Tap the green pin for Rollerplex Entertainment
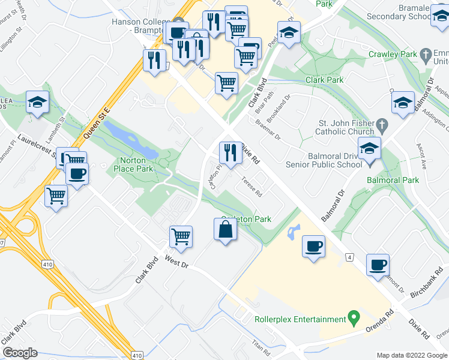coord(354,316)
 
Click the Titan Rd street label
coord(260,347)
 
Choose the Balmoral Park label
coord(393,180)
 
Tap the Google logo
coord(20,353)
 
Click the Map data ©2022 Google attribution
coord(412,355)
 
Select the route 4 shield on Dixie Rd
coord(349,257)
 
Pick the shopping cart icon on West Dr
coord(181,236)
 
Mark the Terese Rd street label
coord(251,186)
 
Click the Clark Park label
coord(324,80)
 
